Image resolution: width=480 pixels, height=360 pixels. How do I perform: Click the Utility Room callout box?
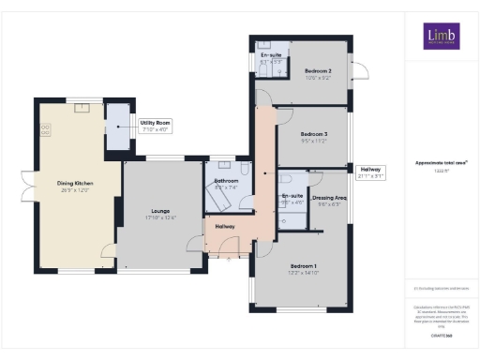pos(155,126)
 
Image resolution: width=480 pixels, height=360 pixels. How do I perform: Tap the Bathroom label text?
pos(227,183)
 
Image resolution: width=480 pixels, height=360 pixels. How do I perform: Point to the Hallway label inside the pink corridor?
pos(226,227)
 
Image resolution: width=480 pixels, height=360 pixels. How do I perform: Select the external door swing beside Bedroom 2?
pos(359,72)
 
